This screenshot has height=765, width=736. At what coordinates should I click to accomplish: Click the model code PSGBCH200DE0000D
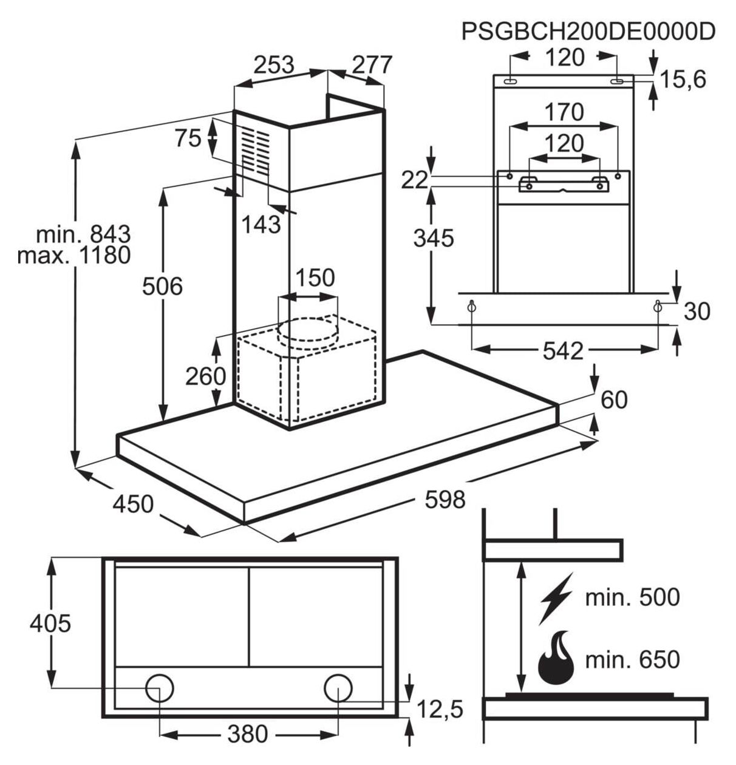[588, 31]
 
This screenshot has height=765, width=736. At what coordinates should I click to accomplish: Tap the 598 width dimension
[445, 500]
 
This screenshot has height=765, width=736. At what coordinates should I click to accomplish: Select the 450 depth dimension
[133, 504]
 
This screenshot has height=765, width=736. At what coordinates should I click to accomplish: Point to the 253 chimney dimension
[274, 65]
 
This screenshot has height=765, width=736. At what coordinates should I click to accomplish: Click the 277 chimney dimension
[372, 65]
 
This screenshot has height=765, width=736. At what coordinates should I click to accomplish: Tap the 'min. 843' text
[83, 234]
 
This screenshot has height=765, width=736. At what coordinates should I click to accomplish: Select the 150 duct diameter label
[315, 277]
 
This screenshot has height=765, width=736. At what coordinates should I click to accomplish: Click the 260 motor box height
[206, 376]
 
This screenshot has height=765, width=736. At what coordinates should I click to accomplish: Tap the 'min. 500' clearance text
[633, 597]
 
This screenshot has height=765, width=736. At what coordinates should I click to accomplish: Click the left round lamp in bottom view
[159, 688]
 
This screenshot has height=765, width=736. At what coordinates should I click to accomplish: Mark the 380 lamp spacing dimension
[248, 733]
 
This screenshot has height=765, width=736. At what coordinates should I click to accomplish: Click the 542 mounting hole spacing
[563, 351]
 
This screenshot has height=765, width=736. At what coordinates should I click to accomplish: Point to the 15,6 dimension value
[683, 80]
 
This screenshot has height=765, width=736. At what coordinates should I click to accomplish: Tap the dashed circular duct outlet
[307, 330]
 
